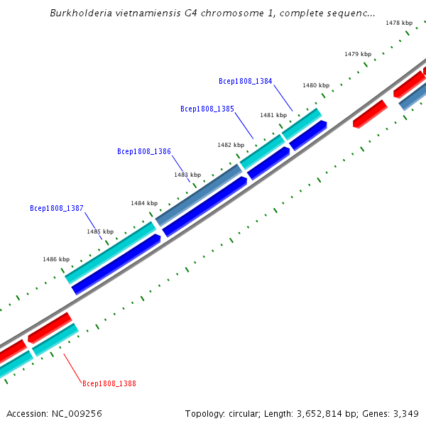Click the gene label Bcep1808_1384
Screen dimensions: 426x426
pyautogui.click(x=245, y=82)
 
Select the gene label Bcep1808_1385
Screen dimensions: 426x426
pyautogui.click(x=207, y=109)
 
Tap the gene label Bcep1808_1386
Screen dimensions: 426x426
pyautogui.click(x=143, y=151)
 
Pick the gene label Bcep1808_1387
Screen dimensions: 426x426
pyautogui.click(x=57, y=209)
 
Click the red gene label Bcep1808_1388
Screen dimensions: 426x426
pyautogui.click(x=109, y=383)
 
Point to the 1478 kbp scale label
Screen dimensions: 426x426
pyautogui.click(x=398, y=23)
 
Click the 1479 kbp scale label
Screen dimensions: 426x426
pyautogui.click(x=357, y=54)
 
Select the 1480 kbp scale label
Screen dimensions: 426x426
pyautogui.click(x=315, y=85)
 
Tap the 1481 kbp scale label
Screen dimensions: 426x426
pyautogui.click(x=273, y=115)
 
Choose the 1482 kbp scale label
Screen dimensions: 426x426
pyautogui.click(x=230, y=145)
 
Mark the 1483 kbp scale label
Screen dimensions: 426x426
pyautogui.click(x=187, y=175)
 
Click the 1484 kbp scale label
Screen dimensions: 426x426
pyautogui.click(x=143, y=204)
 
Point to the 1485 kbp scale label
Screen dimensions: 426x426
pyautogui.click(x=100, y=232)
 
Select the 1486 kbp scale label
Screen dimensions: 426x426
pyautogui.click(x=56, y=260)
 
